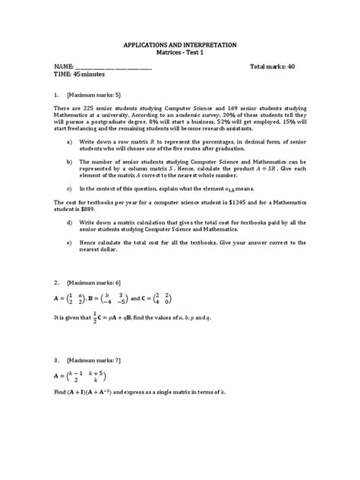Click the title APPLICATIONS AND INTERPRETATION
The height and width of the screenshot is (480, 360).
click(180, 45)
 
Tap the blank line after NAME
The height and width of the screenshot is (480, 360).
click(113, 68)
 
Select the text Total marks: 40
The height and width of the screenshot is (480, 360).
click(273, 67)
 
